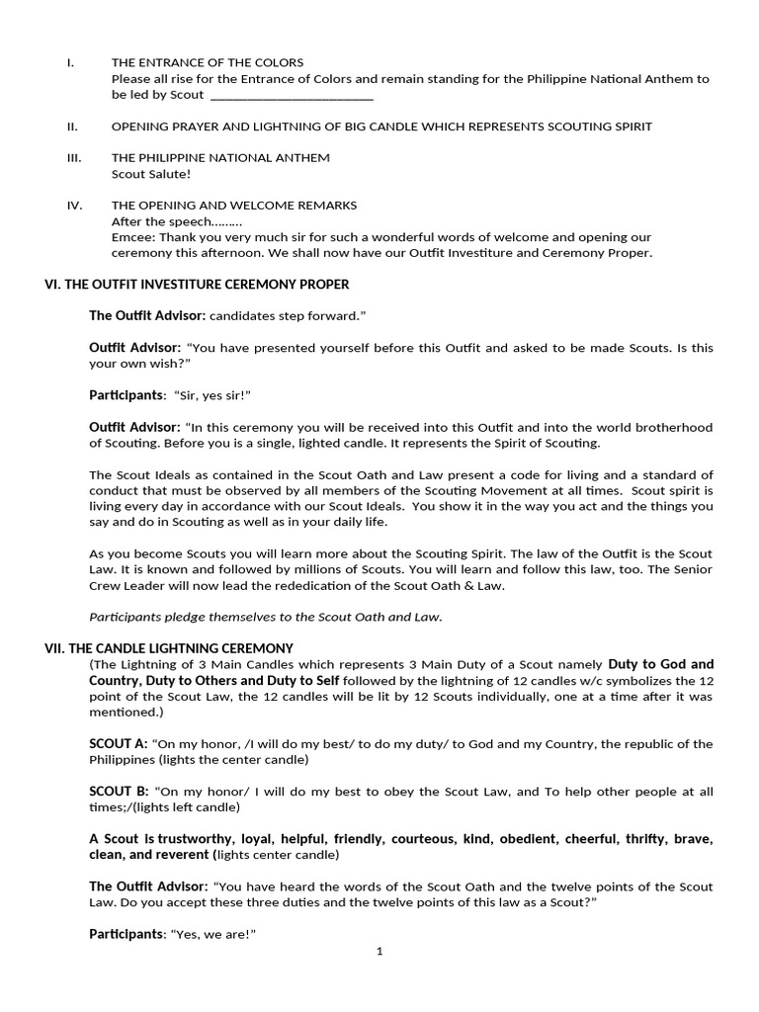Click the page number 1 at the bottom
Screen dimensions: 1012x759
click(x=379, y=952)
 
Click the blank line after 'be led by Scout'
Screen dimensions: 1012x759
click(x=292, y=96)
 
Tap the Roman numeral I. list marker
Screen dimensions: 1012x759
click(x=70, y=62)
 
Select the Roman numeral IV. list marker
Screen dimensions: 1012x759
click(x=74, y=205)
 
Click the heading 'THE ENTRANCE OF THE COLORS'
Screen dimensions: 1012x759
click(x=208, y=62)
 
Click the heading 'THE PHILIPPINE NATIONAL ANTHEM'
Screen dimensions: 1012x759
click(x=220, y=157)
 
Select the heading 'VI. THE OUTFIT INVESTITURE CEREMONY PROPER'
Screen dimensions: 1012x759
click(x=197, y=285)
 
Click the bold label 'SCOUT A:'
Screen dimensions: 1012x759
click(x=119, y=744)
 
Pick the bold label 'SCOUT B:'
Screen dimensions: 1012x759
click(x=119, y=792)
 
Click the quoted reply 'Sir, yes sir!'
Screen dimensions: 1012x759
click(x=212, y=395)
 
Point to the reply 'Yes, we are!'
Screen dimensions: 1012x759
click(x=214, y=934)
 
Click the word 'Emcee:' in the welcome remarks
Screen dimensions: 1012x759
click(x=132, y=237)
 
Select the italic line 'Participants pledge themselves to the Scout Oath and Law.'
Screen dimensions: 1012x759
click(x=266, y=617)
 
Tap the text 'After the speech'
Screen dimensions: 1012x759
click(x=162, y=221)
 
